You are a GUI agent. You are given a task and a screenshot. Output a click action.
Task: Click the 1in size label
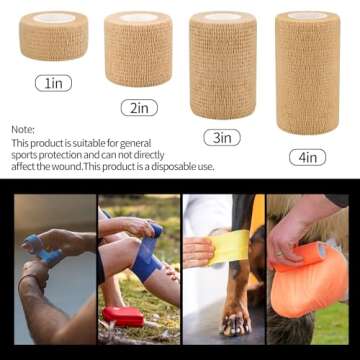(53, 83)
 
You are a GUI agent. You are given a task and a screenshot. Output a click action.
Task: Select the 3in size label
(222, 137)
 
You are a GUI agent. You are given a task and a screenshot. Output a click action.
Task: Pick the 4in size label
(306, 157)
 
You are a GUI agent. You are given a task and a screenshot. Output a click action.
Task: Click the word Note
(23, 129)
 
